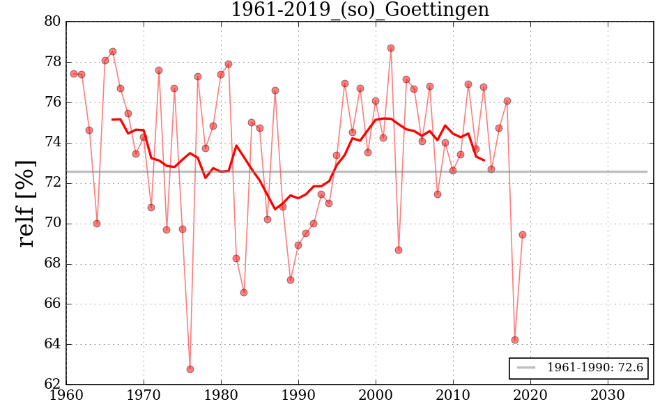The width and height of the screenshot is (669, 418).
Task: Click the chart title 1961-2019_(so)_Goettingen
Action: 360,10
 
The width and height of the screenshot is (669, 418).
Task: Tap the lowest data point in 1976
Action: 190,369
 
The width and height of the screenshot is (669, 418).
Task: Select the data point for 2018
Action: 515,340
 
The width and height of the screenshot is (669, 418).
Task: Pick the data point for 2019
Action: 523,235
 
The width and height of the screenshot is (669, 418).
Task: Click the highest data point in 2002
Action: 391,48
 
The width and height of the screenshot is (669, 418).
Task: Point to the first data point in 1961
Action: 74,74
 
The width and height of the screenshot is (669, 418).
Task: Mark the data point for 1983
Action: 244,293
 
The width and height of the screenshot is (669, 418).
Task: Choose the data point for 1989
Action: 291,280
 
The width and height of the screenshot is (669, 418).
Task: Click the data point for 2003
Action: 399,250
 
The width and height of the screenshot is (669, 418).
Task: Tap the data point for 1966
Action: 113,52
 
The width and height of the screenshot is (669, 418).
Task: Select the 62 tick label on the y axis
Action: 52,385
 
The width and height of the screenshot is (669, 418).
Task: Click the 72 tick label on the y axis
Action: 52,183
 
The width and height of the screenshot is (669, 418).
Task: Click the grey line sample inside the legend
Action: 526,368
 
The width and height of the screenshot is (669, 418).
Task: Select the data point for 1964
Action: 97,224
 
